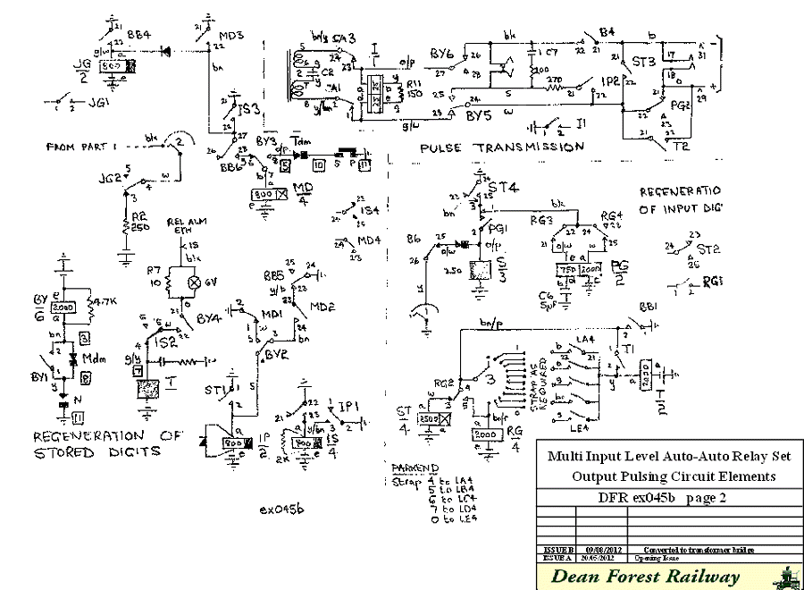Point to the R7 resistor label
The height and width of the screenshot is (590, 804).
tap(153, 269)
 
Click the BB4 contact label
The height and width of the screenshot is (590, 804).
tap(138, 34)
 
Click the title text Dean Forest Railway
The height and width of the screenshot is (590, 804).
tap(645, 577)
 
